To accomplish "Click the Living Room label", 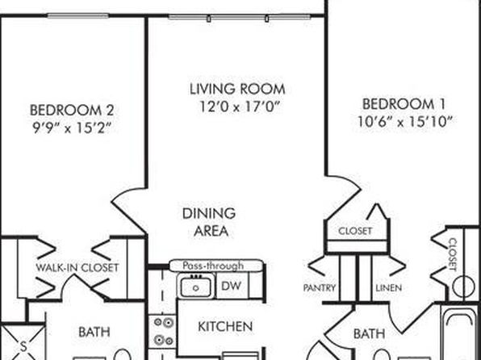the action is point(237,90).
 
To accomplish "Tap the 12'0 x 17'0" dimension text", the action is point(240,107).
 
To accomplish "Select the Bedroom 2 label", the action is point(72,110).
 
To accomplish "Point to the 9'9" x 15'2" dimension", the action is point(72,128).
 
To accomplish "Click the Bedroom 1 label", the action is point(404,104).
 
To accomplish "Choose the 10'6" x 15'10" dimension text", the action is point(405,122).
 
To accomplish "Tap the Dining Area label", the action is point(209,222).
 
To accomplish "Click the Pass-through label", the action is point(213,266).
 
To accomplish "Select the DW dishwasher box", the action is point(232,286).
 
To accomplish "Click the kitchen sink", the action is point(196,286).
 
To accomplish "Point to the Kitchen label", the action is point(225,327).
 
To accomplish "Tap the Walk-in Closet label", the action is point(77,268).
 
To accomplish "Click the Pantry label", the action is point(320,288).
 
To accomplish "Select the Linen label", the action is point(389,288).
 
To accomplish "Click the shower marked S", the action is point(23,342).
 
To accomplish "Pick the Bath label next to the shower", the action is point(94,332).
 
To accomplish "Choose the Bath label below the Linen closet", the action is point(370,333).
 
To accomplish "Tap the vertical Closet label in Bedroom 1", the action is point(453,255).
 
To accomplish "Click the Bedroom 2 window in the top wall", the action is point(78,15).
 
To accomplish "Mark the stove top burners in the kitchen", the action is point(162,332).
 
